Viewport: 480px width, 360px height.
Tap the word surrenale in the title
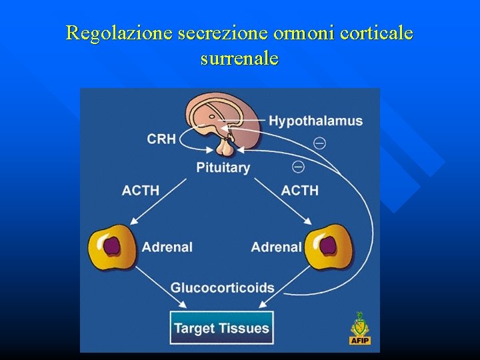click(x=239, y=58)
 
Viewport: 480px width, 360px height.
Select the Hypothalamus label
click(x=315, y=121)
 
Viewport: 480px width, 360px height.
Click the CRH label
click(x=161, y=139)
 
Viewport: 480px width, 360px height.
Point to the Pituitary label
click(x=223, y=167)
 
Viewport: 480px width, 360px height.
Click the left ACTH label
click(x=141, y=190)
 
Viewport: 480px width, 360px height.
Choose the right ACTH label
click(x=300, y=190)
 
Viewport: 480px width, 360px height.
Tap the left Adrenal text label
click(x=167, y=247)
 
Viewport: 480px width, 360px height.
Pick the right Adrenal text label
click(x=276, y=247)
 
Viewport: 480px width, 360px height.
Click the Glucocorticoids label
click(x=223, y=288)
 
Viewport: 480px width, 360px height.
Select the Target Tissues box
click(x=221, y=328)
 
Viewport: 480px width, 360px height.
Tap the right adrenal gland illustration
click(x=329, y=246)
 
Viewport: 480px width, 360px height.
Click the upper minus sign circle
click(x=320, y=143)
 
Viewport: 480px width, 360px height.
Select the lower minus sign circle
click(x=298, y=166)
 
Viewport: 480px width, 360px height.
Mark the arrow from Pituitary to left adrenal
click(x=159, y=201)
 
